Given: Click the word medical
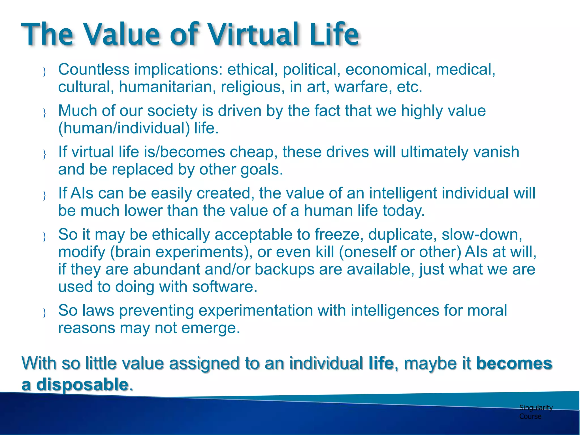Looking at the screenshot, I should pyautogui.click(x=465, y=70).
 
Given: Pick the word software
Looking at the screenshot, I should pyautogui.click(x=225, y=287).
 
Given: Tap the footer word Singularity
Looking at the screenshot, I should pyautogui.click(x=536, y=408).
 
